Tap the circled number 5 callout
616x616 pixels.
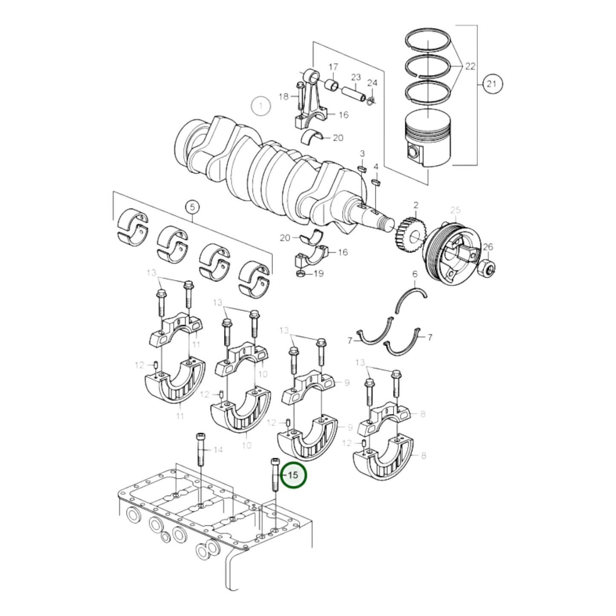192,207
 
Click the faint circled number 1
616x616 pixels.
260,106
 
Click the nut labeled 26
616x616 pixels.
487,268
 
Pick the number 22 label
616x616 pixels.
470,67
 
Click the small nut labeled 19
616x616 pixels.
300,273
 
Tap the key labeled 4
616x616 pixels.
376,182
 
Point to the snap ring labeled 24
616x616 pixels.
370,100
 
